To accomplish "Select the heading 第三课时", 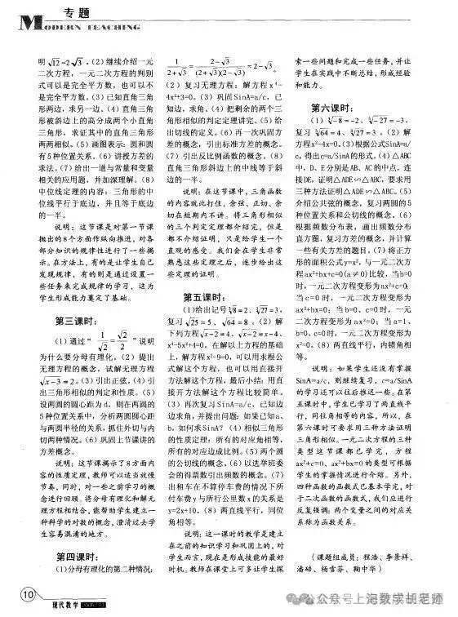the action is pos(56,320).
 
